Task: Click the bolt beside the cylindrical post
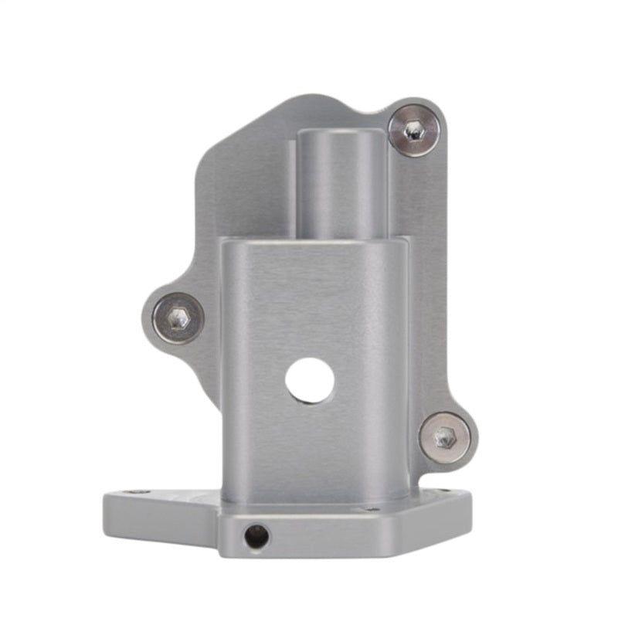414,131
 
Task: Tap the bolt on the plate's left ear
178,317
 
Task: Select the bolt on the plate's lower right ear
445,436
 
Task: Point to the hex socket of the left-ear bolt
178,317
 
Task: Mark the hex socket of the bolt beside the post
415,131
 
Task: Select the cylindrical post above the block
341,185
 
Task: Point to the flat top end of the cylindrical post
341,133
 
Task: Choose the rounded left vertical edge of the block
225,371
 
